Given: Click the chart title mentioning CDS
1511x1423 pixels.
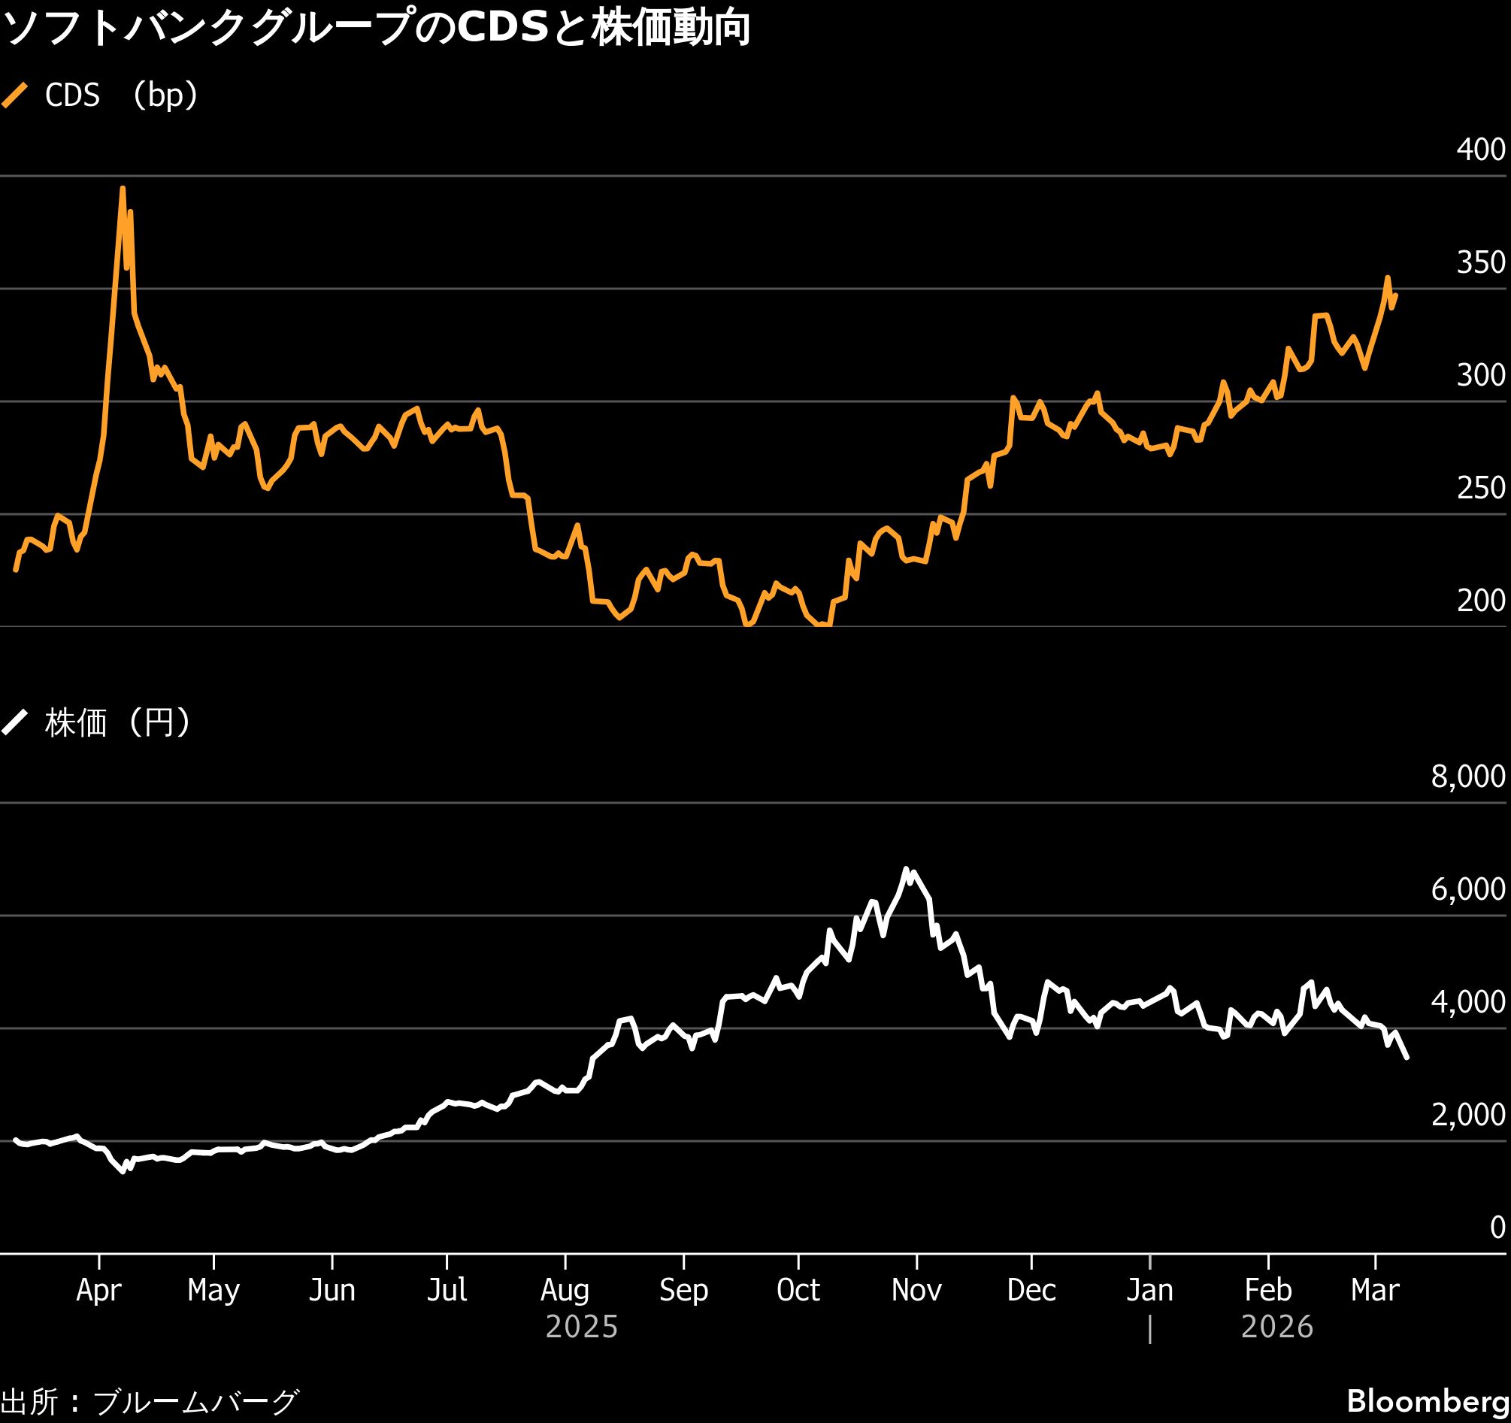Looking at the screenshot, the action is coord(376,29).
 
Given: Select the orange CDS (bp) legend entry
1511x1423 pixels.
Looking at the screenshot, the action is coord(100,95).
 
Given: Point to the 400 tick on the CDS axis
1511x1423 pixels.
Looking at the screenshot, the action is coord(1481,150).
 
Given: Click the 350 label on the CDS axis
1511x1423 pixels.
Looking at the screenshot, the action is coord(1481,263).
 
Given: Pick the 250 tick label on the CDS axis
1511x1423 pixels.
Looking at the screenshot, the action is coord(1481,489).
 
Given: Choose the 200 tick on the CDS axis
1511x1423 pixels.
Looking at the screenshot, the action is coord(1481,601).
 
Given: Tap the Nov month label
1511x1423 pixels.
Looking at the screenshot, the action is coord(916,1291).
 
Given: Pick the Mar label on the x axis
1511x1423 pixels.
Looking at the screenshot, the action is coord(1375,1291).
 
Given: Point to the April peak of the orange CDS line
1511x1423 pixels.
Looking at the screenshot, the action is coord(123,188).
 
